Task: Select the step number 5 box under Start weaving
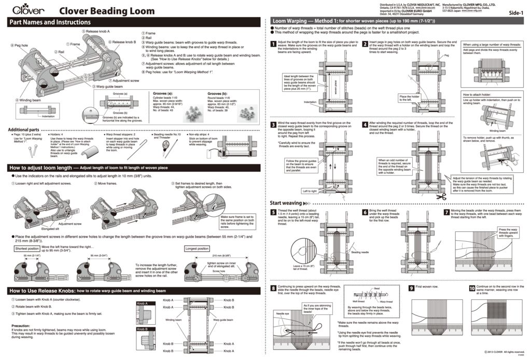pyautogui.click(x=274, y=212)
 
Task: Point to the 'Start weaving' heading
pyautogui.click(x=286, y=203)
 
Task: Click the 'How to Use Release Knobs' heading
pyautogui.click(x=43, y=291)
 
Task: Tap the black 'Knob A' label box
pyautogui.click(x=142, y=303)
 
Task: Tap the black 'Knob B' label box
pyautogui.click(x=142, y=329)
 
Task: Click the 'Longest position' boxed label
pyautogui.click(x=197, y=249)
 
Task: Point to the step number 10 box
pyautogui.click(x=471, y=288)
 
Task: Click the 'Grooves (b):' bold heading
pyautogui.click(x=218, y=94)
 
